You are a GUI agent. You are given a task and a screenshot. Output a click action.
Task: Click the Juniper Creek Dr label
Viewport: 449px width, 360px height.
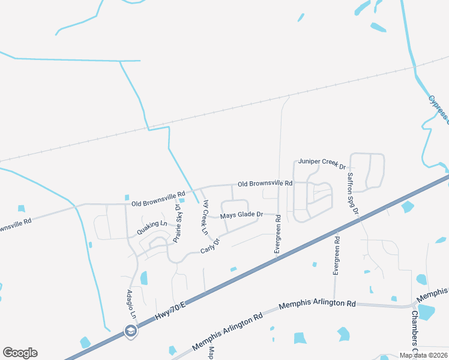[x=322, y=162]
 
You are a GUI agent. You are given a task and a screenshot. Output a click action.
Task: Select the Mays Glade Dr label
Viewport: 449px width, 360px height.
[x=241, y=214]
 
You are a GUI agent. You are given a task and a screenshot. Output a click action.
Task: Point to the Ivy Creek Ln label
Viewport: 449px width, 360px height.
[x=205, y=217]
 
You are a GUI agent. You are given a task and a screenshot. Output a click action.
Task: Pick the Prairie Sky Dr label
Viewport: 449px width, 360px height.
[x=178, y=223]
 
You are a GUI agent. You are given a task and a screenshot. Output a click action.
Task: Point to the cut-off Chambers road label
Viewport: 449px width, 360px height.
[x=414, y=331]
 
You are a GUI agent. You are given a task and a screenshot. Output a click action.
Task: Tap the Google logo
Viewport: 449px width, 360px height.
[x=20, y=353]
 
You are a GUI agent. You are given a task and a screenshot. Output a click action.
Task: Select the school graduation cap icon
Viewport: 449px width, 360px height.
[x=130, y=331]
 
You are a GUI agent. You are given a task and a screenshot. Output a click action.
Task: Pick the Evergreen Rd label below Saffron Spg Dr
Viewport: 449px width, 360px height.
[x=337, y=256]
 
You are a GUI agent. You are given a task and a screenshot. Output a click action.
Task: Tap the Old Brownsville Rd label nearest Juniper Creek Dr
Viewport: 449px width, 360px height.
[x=265, y=183]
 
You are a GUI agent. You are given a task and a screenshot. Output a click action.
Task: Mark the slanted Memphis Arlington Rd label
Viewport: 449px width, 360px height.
[x=228, y=332]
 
